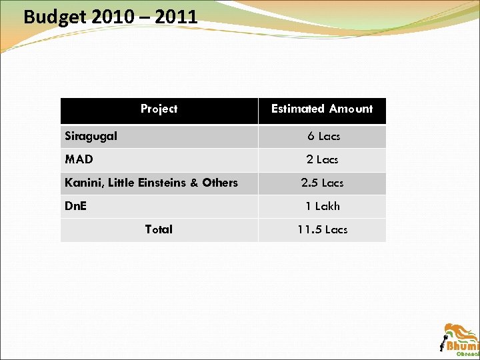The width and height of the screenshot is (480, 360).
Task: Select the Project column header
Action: [x=159, y=109]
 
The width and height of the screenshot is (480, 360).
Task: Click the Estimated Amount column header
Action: [x=322, y=109]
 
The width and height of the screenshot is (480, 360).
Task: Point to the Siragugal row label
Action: [x=91, y=136]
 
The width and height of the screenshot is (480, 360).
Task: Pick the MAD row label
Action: [x=79, y=159]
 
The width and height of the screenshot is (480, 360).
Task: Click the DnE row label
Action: [x=75, y=206]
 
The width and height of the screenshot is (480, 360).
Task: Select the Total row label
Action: [x=159, y=229]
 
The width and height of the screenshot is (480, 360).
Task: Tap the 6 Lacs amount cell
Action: [x=323, y=136]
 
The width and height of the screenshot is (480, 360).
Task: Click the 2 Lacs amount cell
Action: [x=323, y=159]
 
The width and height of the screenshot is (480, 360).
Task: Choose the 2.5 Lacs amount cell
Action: [x=323, y=183]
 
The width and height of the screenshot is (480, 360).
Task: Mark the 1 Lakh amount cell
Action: [x=323, y=206]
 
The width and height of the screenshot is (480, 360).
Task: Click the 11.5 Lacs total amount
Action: [x=323, y=229]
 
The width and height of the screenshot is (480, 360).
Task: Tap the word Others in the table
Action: [x=219, y=183]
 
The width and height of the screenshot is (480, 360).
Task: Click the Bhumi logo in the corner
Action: [x=461, y=340]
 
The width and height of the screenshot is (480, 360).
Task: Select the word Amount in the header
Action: [x=351, y=109]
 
